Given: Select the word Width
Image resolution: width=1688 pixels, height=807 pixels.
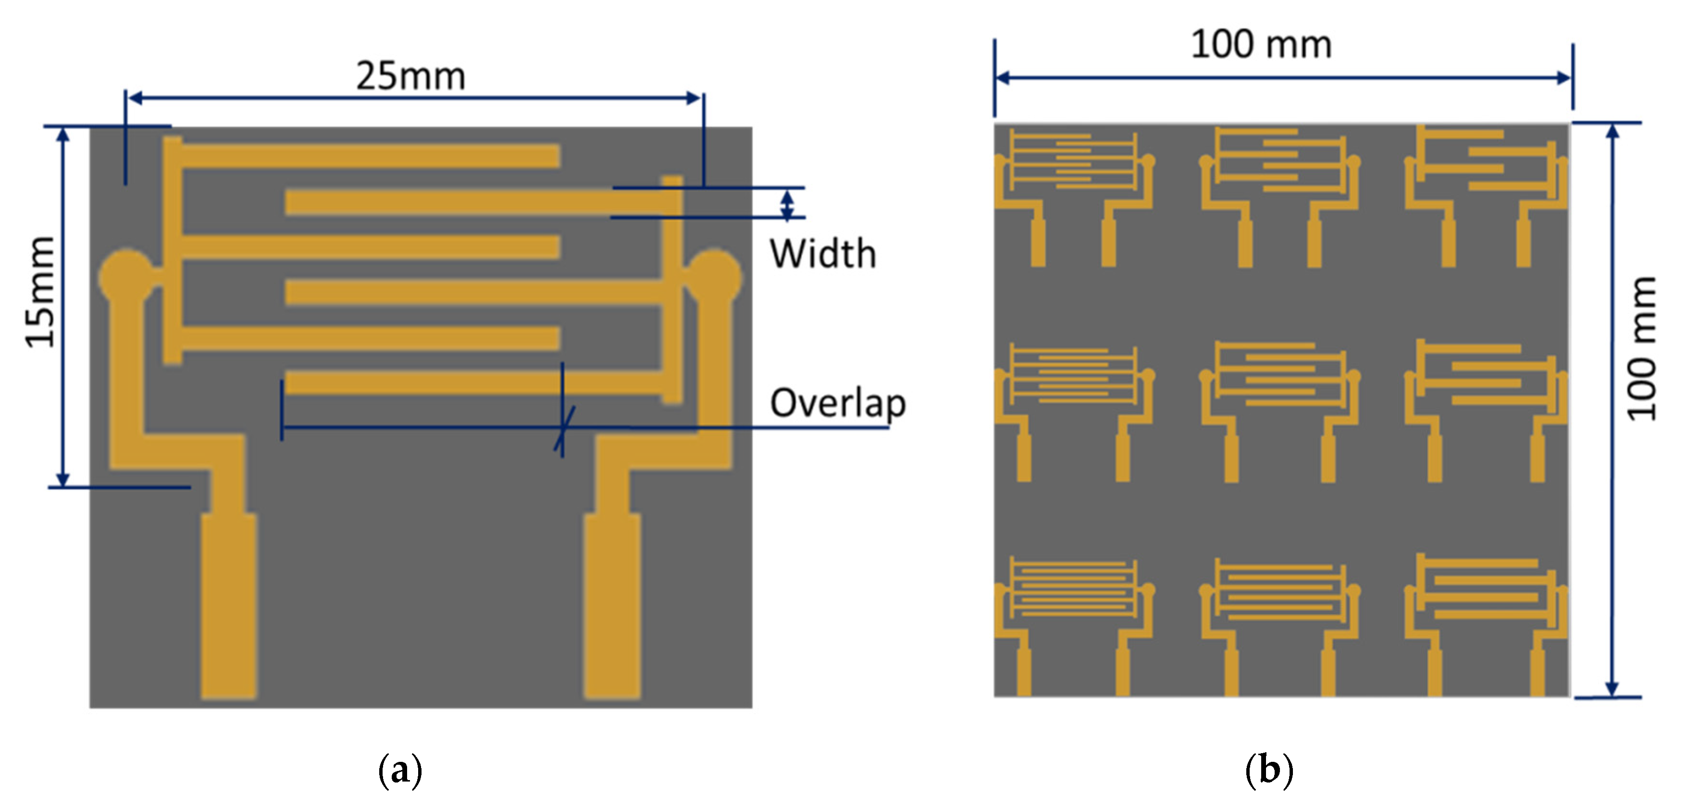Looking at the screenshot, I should (822, 254).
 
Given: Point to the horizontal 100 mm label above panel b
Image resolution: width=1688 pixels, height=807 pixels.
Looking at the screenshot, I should (1261, 45).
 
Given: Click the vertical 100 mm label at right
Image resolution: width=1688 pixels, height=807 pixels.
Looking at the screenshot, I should (1641, 348).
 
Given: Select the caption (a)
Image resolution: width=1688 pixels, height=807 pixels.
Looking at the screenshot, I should (400, 770).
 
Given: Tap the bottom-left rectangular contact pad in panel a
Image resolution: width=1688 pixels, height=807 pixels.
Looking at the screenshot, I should (229, 606).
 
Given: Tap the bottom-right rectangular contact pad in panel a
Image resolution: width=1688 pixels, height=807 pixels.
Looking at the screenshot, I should (612, 606).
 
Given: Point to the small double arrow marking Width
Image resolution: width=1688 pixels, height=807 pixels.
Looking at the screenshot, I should (788, 204).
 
